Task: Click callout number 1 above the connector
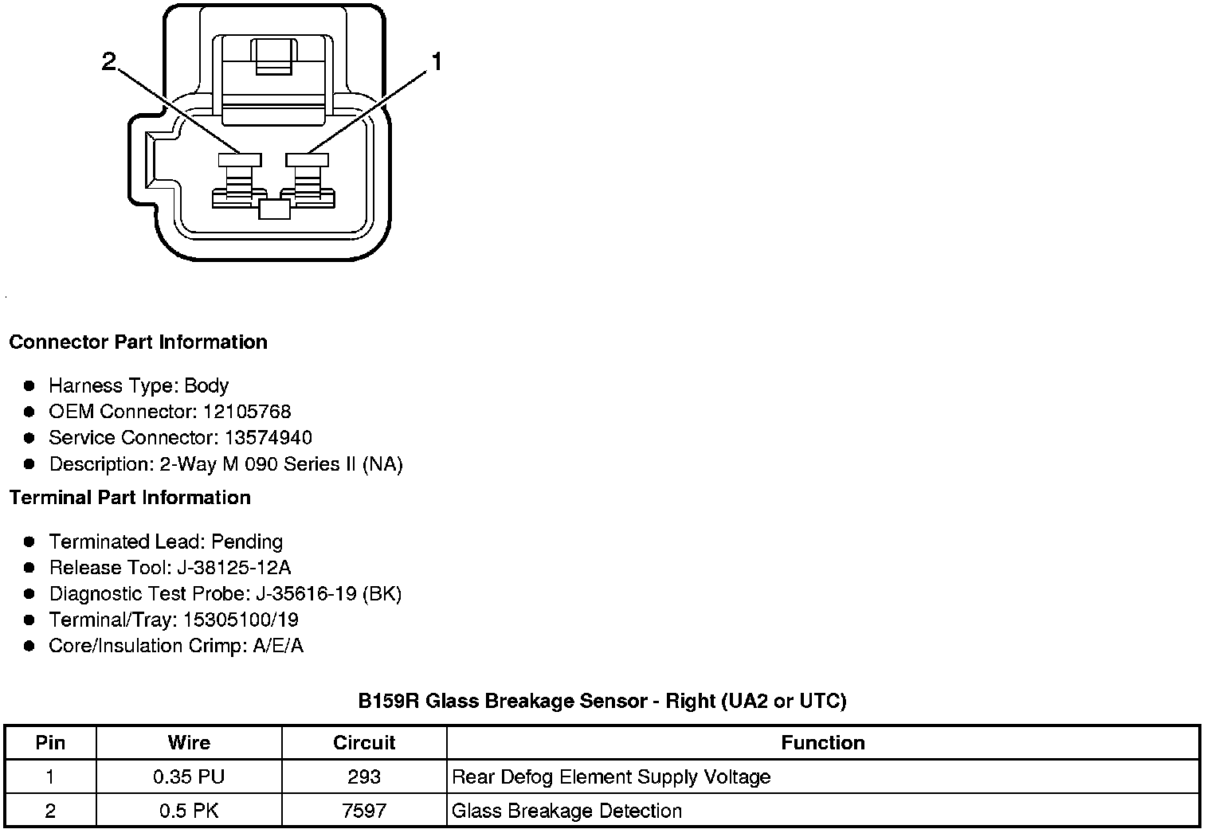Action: (436, 61)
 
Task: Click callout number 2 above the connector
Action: (109, 61)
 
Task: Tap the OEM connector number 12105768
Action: (247, 412)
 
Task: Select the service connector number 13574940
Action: (268, 438)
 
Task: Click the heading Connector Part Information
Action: (138, 342)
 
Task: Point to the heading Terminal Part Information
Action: (130, 498)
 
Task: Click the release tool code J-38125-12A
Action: (232, 568)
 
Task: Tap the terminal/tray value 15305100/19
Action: (241, 620)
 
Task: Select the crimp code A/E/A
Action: (278, 646)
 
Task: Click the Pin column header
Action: (50, 743)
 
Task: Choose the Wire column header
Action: (189, 743)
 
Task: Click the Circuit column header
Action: (364, 743)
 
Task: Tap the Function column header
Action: (822, 743)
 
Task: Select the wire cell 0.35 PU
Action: (189, 777)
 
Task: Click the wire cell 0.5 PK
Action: (189, 811)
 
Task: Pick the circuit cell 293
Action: (364, 777)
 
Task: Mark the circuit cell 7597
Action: (364, 811)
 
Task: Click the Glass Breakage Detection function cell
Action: (566, 811)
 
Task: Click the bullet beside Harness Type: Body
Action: (29, 386)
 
